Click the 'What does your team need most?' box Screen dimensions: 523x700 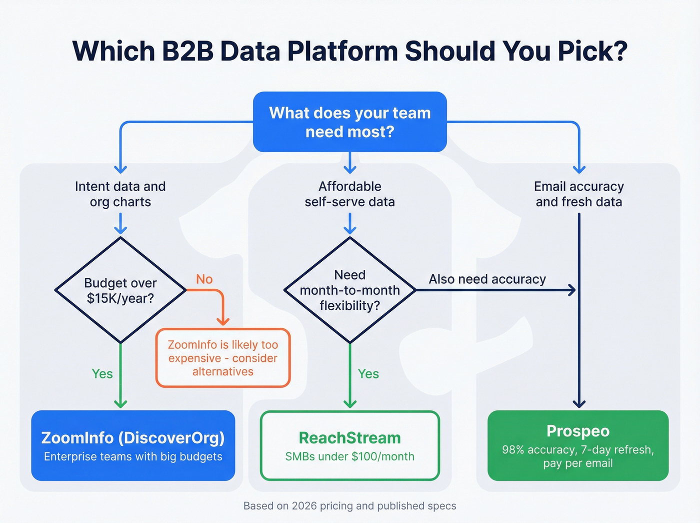[x=349, y=122]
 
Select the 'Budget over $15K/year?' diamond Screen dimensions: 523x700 [x=120, y=290]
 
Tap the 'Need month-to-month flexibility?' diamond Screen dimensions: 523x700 [x=349, y=290]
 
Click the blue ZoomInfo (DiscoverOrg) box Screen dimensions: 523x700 [x=133, y=445]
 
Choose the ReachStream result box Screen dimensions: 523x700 [x=349, y=445]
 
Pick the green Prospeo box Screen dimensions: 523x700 [x=578, y=445]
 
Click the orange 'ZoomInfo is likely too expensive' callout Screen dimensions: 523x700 [x=223, y=358]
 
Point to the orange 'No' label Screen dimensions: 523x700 [x=204, y=279]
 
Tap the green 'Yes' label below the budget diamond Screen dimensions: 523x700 [x=102, y=374]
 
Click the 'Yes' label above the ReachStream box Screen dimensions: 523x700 [x=368, y=374]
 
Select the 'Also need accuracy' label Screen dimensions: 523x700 [x=487, y=279]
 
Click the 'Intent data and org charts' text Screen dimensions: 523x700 [x=120, y=194]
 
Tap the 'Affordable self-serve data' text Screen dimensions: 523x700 [x=349, y=194]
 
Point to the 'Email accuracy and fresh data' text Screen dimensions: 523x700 [x=578, y=194]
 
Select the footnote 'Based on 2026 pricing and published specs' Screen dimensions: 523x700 [x=349, y=506]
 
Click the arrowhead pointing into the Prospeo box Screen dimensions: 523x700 [x=579, y=404]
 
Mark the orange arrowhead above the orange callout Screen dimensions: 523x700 [x=223, y=321]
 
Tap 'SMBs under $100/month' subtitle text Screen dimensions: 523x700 [x=349, y=456]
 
